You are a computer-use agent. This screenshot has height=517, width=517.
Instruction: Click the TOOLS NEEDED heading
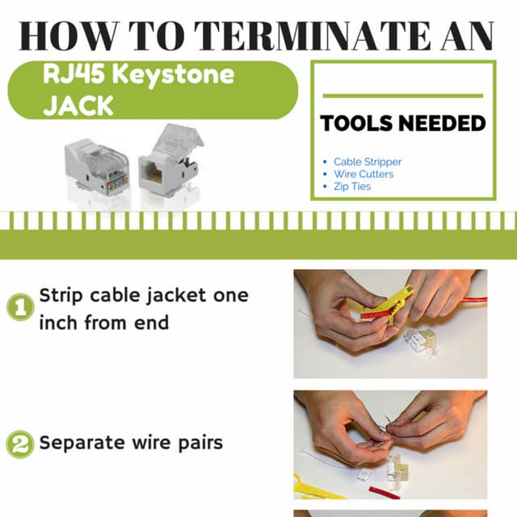pyautogui.click(x=403, y=124)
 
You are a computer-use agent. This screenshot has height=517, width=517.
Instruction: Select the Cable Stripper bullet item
pyautogui.click(x=367, y=162)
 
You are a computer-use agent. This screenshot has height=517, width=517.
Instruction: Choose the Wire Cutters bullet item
pyautogui.click(x=363, y=174)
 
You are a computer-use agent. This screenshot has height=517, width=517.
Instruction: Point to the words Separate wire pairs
pyautogui.click(x=131, y=443)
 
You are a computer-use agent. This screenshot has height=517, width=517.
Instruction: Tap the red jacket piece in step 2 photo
pyautogui.click(x=384, y=491)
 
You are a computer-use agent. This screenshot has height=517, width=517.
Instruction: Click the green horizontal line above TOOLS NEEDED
pyautogui.click(x=403, y=95)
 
